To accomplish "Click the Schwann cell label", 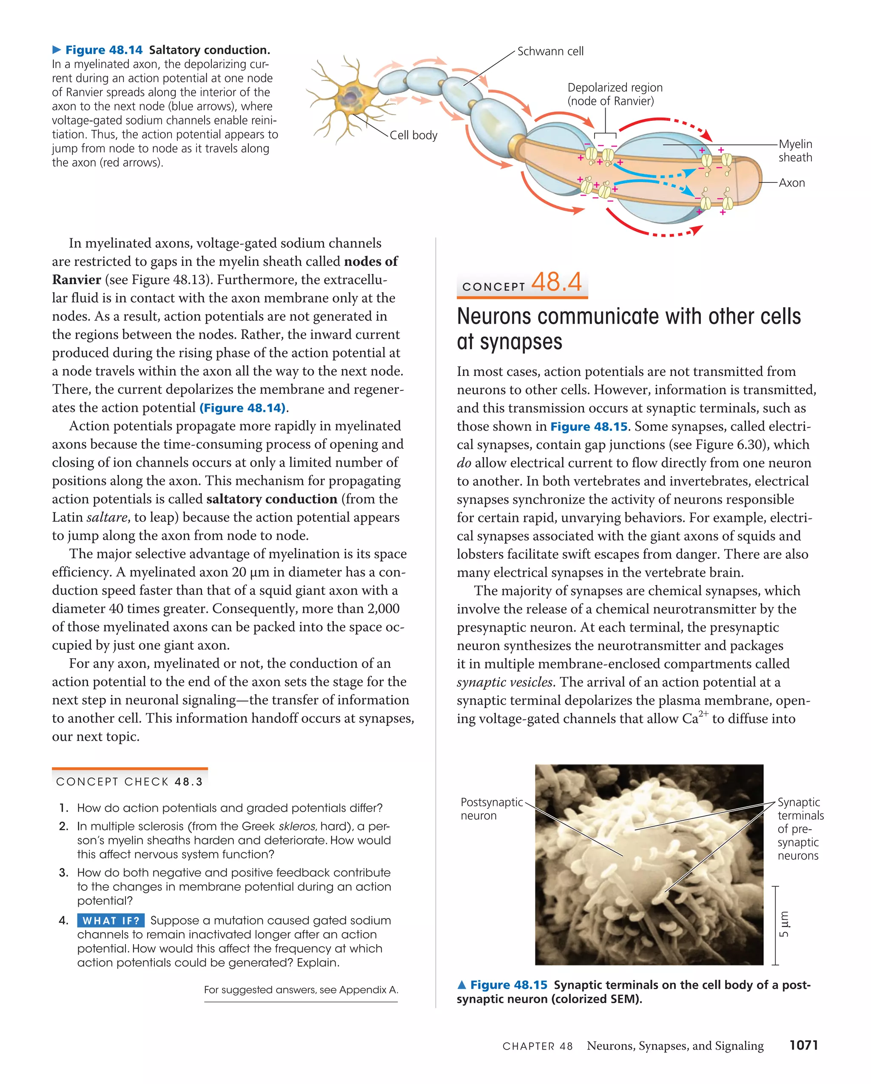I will pyautogui.click(x=550, y=51).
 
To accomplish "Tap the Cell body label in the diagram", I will pyautogui.click(x=413, y=135).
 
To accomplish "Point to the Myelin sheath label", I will pyautogui.click(x=795, y=151).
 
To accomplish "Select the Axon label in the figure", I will pyautogui.click(x=791, y=183).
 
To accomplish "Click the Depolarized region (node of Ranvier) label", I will pyautogui.click(x=615, y=94).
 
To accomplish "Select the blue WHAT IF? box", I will pyautogui.click(x=111, y=921).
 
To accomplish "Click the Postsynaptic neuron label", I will pyautogui.click(x=491, y=808).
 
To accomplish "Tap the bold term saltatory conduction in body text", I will pyautogui.click(x=272, y=499).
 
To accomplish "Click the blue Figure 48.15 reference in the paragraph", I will pyautogui.click(x=589, y=427).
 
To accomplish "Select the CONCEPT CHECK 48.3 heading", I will pyautogui.click(x=129, y=782).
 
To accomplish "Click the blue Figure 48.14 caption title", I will pyautogui.click(x=104, y=50).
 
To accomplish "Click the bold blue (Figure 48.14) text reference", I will pyautogui.click(x=242, y=408).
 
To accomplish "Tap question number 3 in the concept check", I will pyautogui.click(x=64, y=872).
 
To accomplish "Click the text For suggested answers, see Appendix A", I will pyautogui.click(x=301, y=990).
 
